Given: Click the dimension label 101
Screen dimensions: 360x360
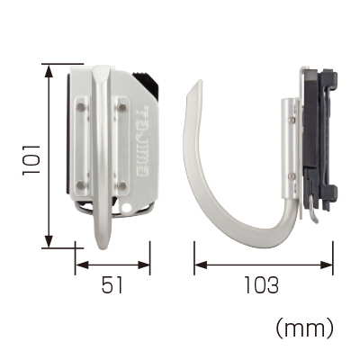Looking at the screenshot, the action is [31, 159].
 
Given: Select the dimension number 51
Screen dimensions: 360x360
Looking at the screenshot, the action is [112, 285].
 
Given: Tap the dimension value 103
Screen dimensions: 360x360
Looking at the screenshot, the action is [261, 285].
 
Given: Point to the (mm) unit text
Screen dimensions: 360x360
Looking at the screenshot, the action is [304, 328].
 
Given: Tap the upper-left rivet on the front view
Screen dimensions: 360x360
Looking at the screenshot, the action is [81, 107].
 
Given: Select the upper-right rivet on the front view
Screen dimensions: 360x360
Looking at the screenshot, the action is [122, 107].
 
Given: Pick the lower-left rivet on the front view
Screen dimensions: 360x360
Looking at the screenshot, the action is [81, 184].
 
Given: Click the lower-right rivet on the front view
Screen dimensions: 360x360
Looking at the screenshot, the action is [121, 185].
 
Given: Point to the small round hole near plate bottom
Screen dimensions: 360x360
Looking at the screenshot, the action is [127, 207].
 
